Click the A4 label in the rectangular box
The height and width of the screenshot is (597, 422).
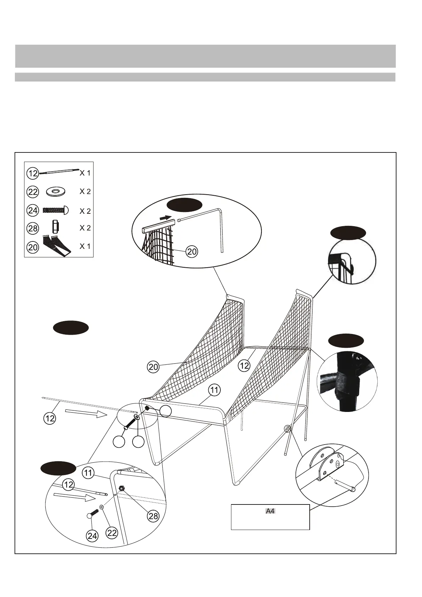pyautogui.click(x=270, y=511)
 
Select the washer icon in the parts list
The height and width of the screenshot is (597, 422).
pyautogui.click(x=56, y=192)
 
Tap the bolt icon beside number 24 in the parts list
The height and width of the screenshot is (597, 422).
pyautogui.click(x=56, y=210)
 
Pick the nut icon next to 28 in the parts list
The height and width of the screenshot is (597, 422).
pyautogui.click(x=55, y=226)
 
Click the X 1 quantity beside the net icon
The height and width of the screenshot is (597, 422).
pyautogui.click(x=85, y=246)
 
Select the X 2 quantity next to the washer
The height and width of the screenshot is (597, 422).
pyautogui.click(x=85, y=192)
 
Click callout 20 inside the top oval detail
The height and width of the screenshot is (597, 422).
pyautogui.click(x=192, y=252)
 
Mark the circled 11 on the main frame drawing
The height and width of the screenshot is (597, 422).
pyautogui.click(x=214, y=390)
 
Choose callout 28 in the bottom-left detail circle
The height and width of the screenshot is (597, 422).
pyautogui.click(x=153, y=516)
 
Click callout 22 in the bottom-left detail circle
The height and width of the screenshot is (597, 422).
pyautogui.click(x=112, y=532)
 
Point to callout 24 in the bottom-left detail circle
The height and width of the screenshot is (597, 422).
pyautogui.click(x=92, y=536)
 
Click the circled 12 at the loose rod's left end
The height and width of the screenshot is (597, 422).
pyautogui.click(x=50, y=418)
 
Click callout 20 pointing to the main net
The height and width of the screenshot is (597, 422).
pyautogui.click(x=153, y=367)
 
